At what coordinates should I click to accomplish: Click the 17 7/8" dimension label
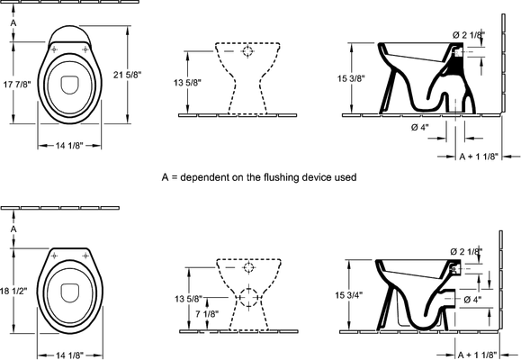tap(17, 85)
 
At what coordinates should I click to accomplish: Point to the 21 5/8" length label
tap(127, 75)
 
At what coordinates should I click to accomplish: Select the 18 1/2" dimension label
tap(13, 291)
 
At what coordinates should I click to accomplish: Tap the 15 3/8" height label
tap(351, 79)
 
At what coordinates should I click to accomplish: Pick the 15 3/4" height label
tap(348, 295)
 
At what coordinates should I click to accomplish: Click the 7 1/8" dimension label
tap(207, 314)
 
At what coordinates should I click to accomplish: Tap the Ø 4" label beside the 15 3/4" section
tap(472, 300)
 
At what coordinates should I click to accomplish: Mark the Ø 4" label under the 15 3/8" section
tap(419, 127)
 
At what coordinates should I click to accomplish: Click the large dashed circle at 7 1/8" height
tap(248, 297)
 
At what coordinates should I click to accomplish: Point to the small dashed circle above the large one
tap(248, 267)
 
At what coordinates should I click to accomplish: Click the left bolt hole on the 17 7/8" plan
tap(54, 49)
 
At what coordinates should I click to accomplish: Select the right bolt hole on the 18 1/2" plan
tap(85, 256)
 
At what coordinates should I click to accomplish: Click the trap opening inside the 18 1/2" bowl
tap(70, 292)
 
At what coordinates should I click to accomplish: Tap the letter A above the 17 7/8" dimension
tap(13, 22)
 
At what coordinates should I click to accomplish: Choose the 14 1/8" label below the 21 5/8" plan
tap(69, 146)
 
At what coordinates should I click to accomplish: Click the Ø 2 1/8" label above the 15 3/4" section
tap(466, 252)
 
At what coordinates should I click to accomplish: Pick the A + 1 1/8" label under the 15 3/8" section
tap(479, 157)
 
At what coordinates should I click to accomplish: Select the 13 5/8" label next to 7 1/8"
tap(188, 299)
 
